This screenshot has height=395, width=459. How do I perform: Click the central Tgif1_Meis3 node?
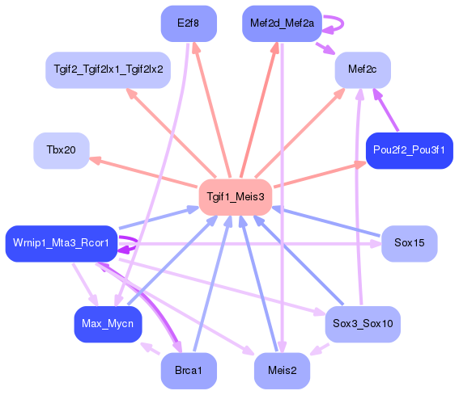pyautogui.click(x=235, y=196)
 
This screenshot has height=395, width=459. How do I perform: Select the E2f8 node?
pyautogui.click(x=189, y=23)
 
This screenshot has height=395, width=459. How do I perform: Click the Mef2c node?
pyautogui.click(x=363, y=70)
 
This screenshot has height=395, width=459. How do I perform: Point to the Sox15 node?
pyautogui.click(x=409, y=243)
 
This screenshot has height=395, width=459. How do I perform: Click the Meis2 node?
pyautogui.click(x=282, y=371)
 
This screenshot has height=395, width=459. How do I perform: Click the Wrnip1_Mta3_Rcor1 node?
pyautogui.click(x=62, y=243)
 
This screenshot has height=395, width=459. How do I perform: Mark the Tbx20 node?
pyautogui.click(x=61, y=151)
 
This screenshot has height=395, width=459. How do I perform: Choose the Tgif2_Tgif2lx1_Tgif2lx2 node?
pyautogui.click(x=108, y=70)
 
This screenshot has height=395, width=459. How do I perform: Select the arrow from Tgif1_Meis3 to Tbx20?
pyautogui.click(x=146, y=173)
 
